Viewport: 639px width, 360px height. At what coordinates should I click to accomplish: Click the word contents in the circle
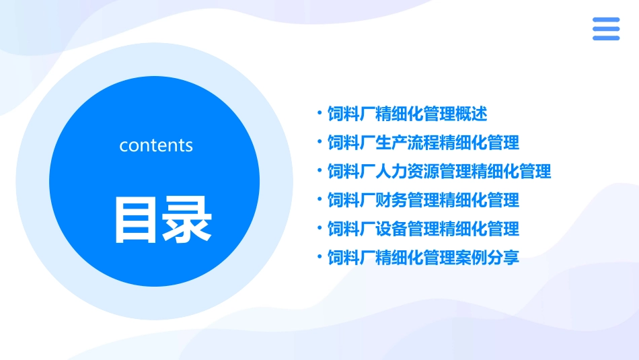tap(155, 145)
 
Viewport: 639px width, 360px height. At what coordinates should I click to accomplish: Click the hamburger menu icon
tap(606, 29)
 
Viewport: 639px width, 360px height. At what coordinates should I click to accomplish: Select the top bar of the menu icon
tap(606, 20)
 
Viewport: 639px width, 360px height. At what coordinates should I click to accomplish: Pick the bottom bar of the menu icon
tap(606, 38)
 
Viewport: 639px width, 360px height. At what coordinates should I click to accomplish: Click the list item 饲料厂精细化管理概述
tap(407, 114)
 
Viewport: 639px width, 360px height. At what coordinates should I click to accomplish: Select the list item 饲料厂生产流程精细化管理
tap(423, 143)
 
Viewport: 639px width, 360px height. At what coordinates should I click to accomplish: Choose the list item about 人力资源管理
tap(439, 172)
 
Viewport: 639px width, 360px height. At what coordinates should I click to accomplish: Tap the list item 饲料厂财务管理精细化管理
tap(423, 200)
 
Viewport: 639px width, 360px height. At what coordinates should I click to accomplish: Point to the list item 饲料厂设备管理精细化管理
tap(423, 229)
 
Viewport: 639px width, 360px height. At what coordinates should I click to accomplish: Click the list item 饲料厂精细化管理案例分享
tap(423, 257)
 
